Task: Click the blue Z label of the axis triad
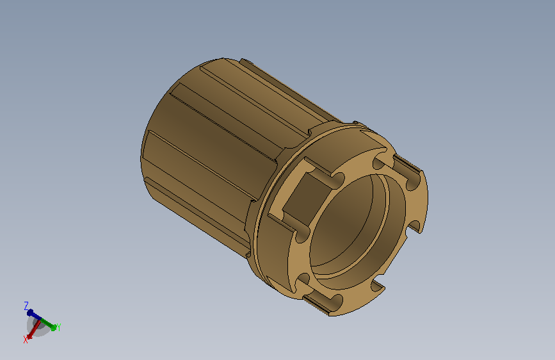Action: point(26,306)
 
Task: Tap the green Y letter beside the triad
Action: point(58,327)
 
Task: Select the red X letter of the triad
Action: point(26,340)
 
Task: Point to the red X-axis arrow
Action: point(33,329)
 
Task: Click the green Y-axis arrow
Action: point(48,324)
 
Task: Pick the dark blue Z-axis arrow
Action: point(35,315)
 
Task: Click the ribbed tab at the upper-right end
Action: point(408,164)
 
